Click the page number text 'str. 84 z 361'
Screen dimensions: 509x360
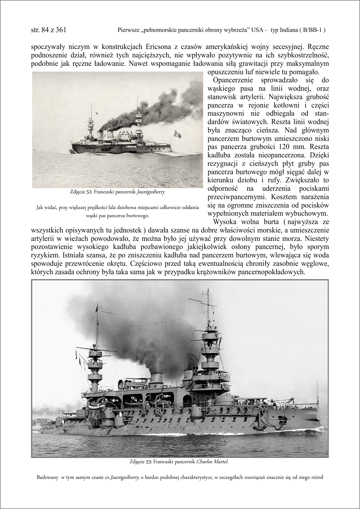48,30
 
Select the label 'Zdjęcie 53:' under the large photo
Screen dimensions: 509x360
141,462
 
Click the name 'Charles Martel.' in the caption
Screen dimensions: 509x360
212,462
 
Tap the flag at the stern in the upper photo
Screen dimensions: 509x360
177,134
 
